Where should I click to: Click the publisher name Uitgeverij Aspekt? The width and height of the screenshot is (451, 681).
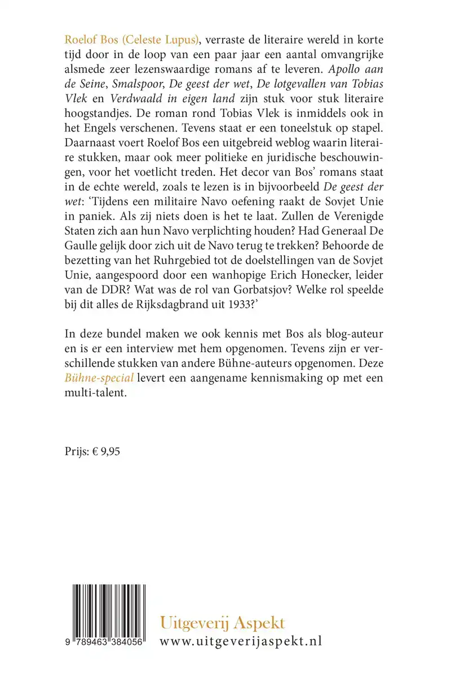[x=223, y=623]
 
